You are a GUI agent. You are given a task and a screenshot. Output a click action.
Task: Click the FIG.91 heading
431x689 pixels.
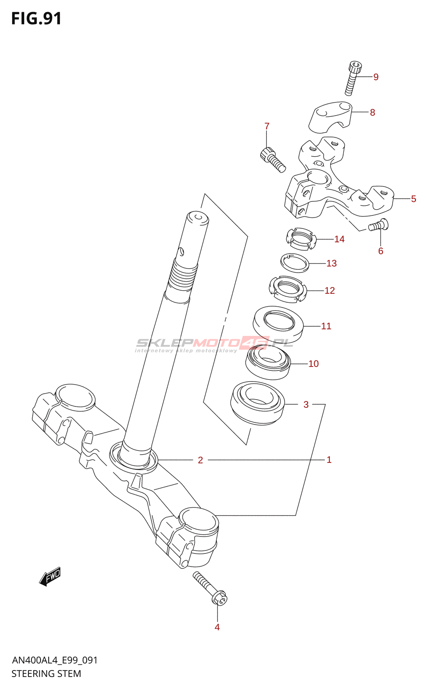pyautogui.click(x=36, y=19)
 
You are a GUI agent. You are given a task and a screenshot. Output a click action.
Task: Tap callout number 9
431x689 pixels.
pyautogui.click(x=376, y=77)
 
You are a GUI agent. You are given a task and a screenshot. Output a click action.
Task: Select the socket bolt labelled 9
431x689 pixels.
pyautogui.click(x=352, y=78)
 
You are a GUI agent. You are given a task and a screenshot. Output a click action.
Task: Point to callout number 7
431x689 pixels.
pyautogui.click(x=267, y=126)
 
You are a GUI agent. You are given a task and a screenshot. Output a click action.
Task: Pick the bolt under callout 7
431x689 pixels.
pyautogui.click(x=273, y=159)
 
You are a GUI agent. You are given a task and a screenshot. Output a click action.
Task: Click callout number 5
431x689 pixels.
pyautogui.click(x=413, y=199)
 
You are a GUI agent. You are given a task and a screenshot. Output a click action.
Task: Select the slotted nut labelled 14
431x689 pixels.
pyautogui.click(x=301, y=239)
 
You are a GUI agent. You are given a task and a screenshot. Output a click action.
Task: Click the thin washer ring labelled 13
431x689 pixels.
pyautogui.click(x=295, y=263)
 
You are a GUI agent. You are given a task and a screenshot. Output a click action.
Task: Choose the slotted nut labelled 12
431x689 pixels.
pyautogui.click(x=287, y=288)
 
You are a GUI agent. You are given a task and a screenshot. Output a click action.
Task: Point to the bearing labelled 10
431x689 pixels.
pyautogui.click(x=268, y=363)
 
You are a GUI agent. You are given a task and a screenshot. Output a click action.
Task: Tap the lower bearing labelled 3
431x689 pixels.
pyautogui.click(x=257, y=403)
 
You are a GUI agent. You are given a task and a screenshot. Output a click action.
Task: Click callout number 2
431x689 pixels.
pyautogui.click(x=200, y=460)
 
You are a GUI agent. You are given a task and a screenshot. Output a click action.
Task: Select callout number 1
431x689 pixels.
pyautogui.click(x=329, y=460)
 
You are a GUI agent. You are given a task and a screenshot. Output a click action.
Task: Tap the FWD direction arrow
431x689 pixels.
pyautogui.click(x=50, y=576)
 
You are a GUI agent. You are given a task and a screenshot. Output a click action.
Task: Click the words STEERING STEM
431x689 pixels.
pyautogui.click(x=46, y=674)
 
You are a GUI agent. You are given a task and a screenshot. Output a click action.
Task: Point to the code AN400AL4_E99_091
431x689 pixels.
pyautogui.click(x=55, y=660)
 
